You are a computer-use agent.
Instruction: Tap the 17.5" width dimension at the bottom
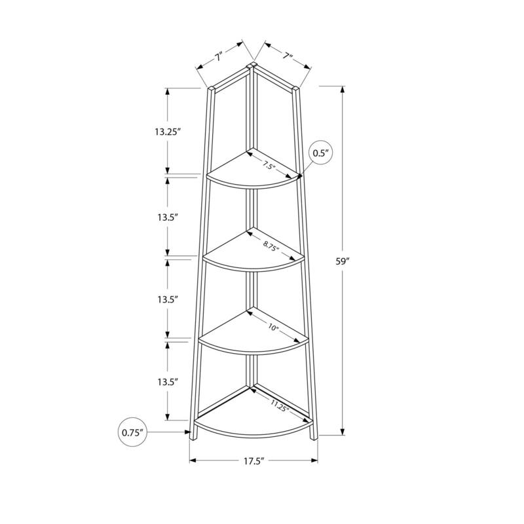point(253,462)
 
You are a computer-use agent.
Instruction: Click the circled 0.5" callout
point(321,153)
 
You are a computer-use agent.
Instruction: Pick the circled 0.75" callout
point(132,432)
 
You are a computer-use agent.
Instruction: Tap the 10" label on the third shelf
point(273,327)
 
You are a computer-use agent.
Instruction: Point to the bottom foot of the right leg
point(314,435)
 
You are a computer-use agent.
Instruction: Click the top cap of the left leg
point(212,87)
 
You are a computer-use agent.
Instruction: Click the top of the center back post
point(252,65)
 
